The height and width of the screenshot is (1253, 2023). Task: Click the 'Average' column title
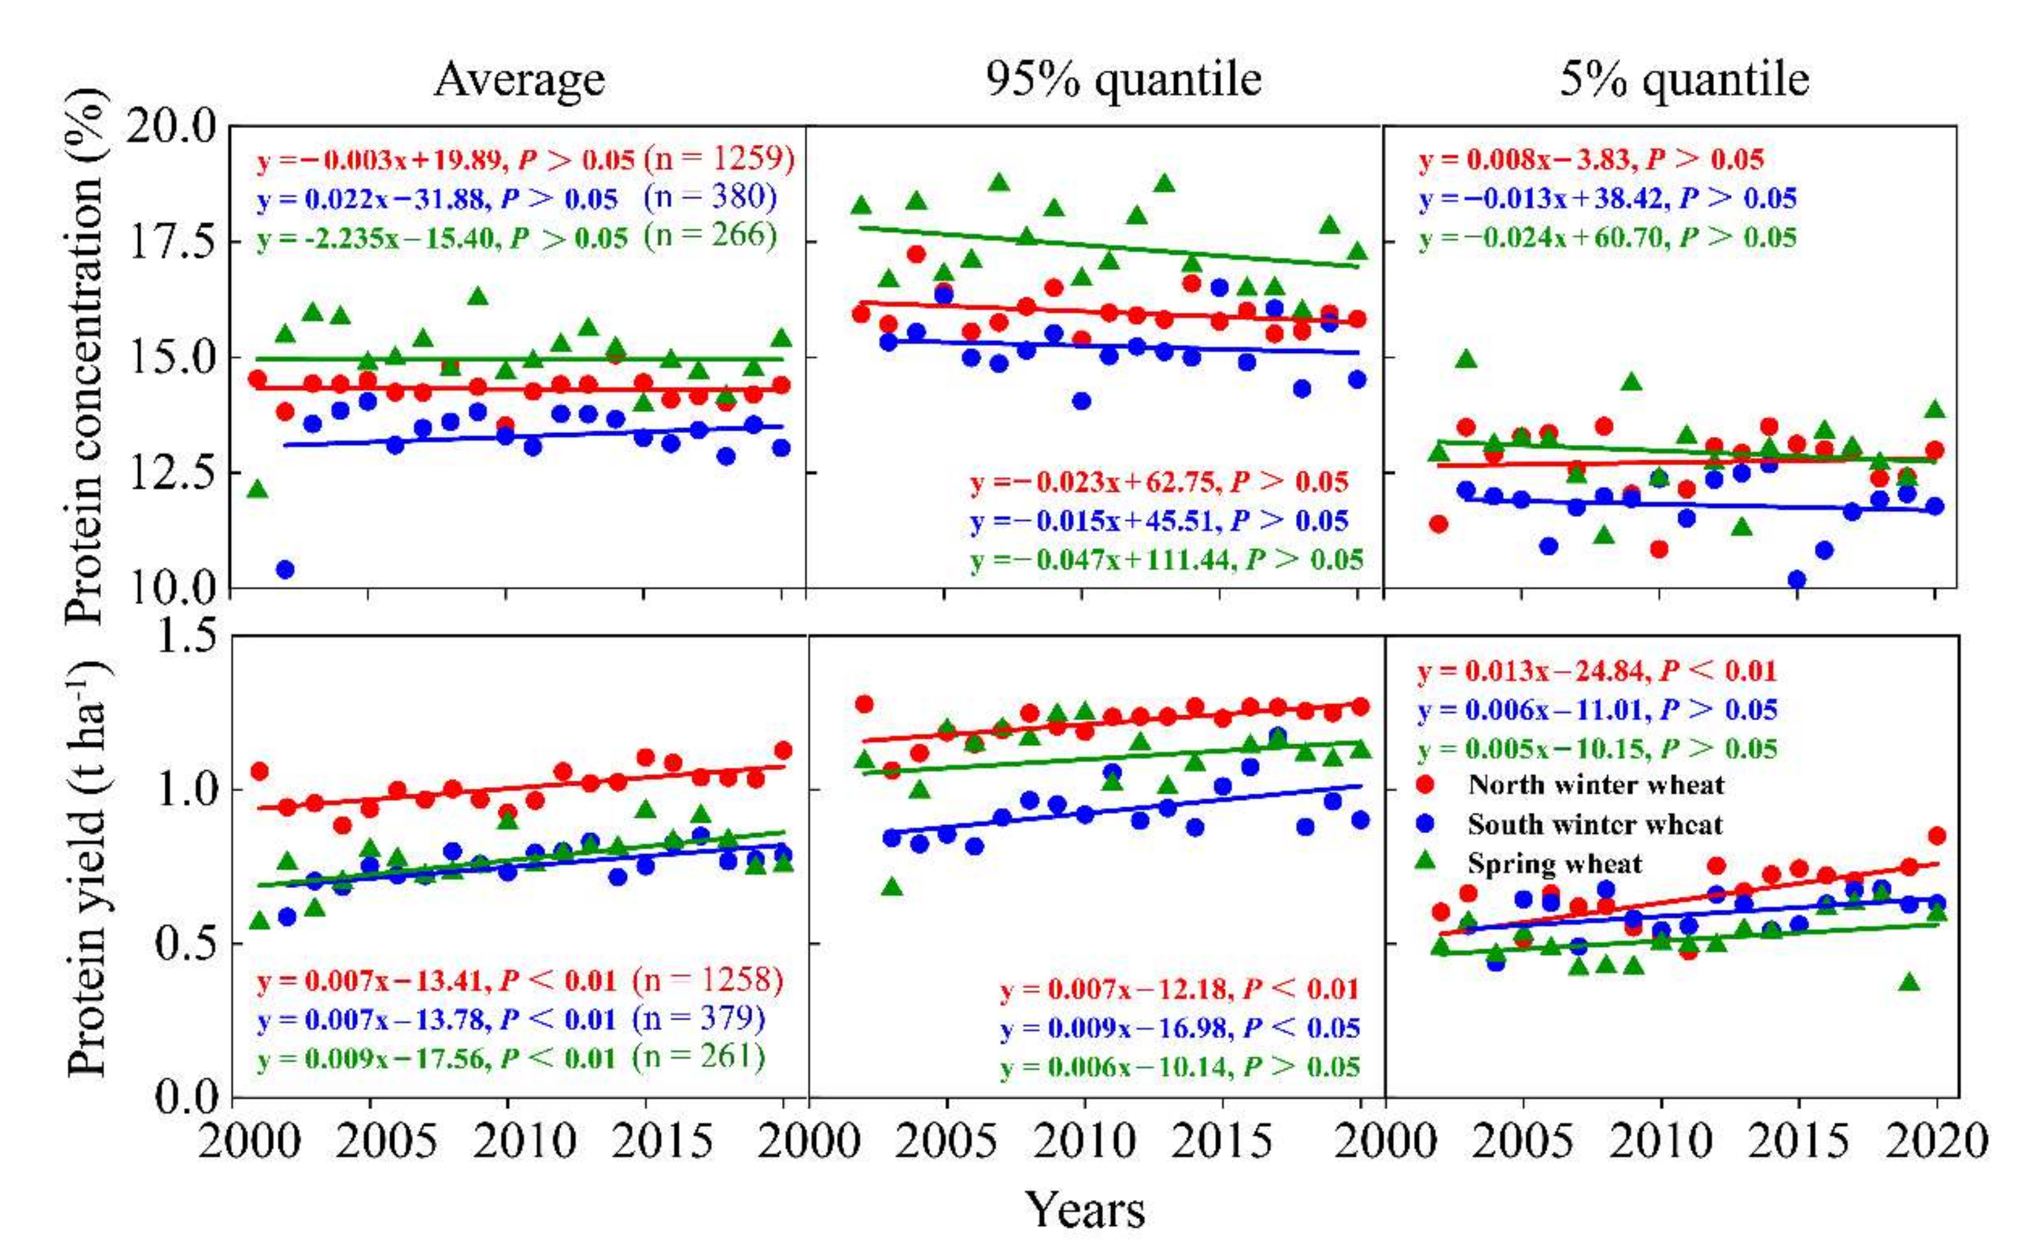click(519, 81)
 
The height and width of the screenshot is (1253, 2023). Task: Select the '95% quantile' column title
click(1123, 81)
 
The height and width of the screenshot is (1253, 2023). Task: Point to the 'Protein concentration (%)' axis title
click(86, 356)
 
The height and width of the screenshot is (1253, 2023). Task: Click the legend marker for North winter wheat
click(1425, 784)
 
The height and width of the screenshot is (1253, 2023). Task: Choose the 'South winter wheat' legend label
click(1594, 824)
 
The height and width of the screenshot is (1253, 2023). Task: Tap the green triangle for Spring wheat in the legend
click(1425, 862)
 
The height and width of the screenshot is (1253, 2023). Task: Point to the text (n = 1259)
click(719, 158)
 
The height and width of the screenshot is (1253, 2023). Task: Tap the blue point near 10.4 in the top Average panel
click(284, 569)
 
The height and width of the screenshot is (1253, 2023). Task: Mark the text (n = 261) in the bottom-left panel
click(698, 1056)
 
